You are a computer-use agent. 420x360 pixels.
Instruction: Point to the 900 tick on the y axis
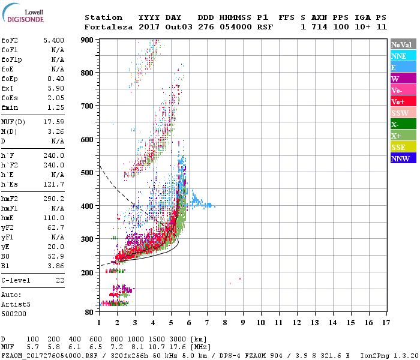[88, 40]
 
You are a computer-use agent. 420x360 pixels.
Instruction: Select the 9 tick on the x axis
[243, 323]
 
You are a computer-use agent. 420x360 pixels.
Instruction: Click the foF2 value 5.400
[54, 40]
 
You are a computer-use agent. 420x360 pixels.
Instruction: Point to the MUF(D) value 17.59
[54, 121]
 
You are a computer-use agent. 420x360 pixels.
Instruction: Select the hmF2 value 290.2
[54, 199]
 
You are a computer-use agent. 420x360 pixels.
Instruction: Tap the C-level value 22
[60, 280]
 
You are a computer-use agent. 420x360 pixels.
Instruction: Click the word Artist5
[16, 304]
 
